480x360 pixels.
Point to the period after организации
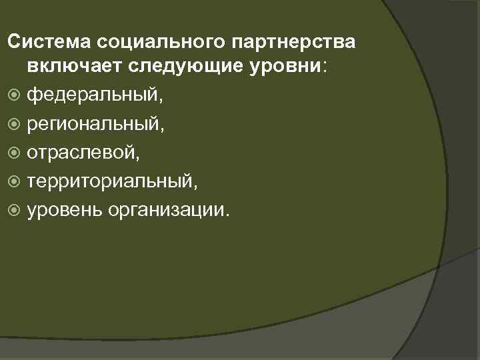[228, 215]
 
